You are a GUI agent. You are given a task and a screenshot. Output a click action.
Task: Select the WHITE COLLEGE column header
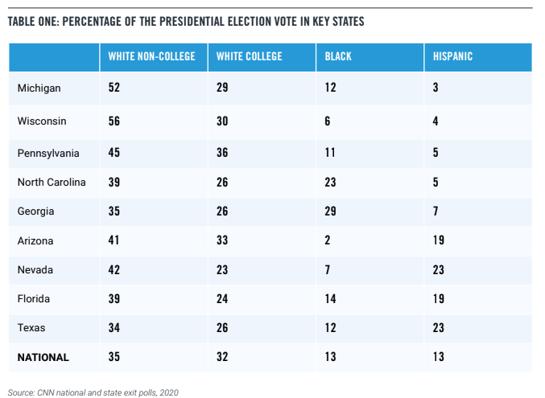(x=249, y=57)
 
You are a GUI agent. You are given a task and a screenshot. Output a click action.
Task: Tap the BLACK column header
(x=338, y=57)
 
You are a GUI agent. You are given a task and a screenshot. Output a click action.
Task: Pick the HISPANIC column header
(x=452, y=57)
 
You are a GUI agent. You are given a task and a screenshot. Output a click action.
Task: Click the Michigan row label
(x=39, y=88)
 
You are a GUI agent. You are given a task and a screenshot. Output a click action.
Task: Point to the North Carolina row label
(x=52, y=183)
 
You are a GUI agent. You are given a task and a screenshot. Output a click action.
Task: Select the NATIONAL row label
(x=43, y=357)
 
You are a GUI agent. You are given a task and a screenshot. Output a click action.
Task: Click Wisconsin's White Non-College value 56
(x=114, y=121)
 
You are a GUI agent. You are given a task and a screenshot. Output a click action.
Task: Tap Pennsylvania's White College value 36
(x=223, y=153)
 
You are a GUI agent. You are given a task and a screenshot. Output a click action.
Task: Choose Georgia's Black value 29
(x=331, y=211)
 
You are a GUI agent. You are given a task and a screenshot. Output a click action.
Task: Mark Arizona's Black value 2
(x=328, y=240)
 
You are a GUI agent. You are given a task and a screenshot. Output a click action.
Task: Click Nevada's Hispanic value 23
(x=439, y=269)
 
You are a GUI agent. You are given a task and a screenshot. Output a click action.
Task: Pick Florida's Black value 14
(x=331, y=298)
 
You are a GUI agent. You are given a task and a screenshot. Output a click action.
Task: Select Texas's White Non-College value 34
(x=114, y=328)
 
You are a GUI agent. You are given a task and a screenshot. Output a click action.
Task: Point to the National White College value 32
(x=223, y=357)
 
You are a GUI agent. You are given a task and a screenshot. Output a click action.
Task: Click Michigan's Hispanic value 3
(x=436, y=88)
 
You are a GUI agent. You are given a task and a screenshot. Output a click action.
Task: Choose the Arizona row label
(x=36, y=240)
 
